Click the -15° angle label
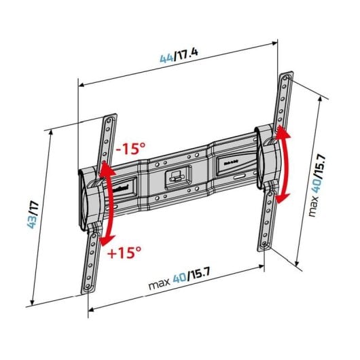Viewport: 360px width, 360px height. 131,148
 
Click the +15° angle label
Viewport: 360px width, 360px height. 124,253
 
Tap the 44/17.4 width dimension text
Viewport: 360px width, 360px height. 179,56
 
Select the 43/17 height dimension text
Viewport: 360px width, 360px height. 33,215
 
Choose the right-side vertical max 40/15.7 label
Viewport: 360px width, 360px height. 317,186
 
